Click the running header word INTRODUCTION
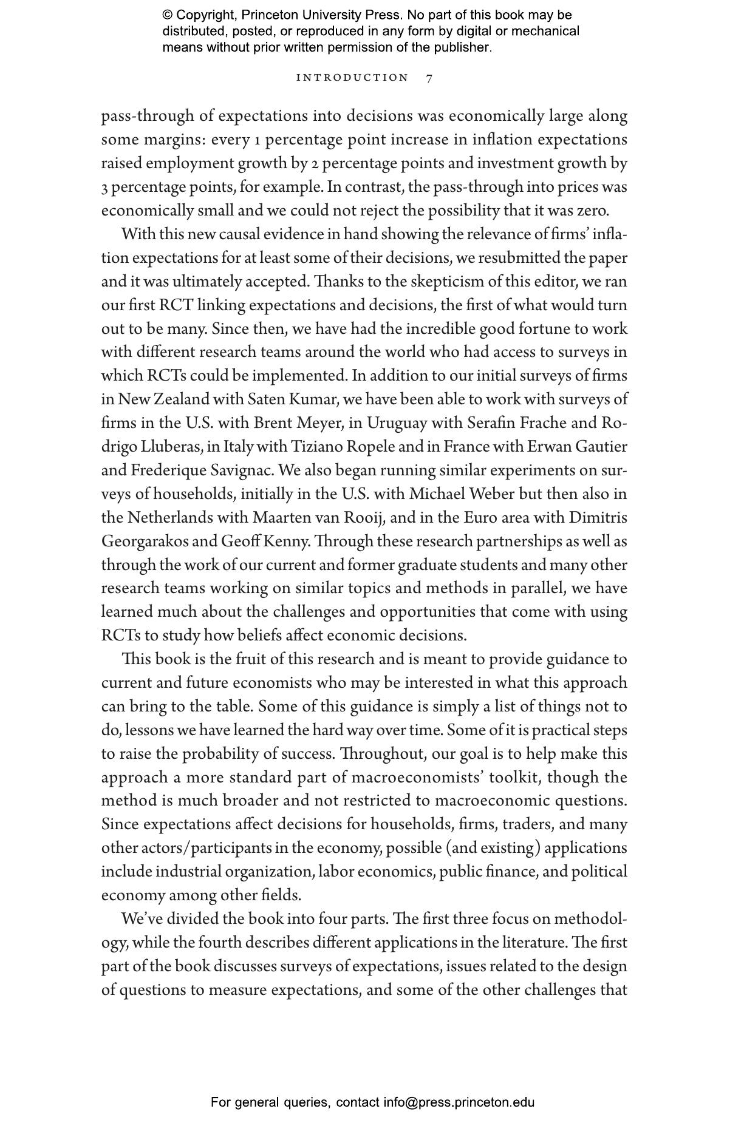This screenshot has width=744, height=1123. (x=352, y=78)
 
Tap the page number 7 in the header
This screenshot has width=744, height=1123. (x=429, y=78)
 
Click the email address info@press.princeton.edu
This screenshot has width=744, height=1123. (x=459, y=1102)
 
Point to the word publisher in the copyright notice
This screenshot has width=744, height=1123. (x=464, y=47)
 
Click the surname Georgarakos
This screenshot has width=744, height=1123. (x=154, y=541)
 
